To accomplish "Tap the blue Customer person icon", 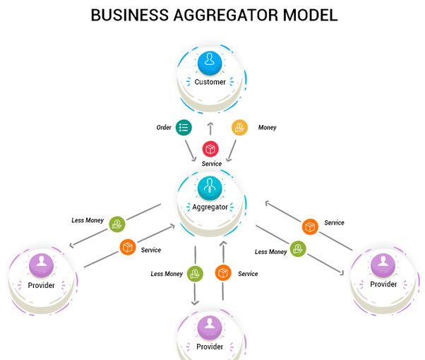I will pyautogui.click(x=210, y=63).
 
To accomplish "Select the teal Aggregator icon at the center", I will pyautogui.click(x=210, y=187).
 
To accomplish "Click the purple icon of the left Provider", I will pyautogui.click(x=41, y=265).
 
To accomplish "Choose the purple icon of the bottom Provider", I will pyautogui.click(x=210, y=327).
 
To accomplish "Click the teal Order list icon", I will pyautogui.click(x=184, y=128).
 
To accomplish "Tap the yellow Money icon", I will pyautogui.click(x=240, y=128).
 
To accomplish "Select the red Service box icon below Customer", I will pyautogui.click(x=210, y=149).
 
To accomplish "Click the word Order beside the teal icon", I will pyautogui.click(x=164, y=128).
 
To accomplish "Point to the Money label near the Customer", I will pyautogui.click(x=267, y=128).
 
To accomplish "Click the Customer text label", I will pyautogui.click(x=210, y=82).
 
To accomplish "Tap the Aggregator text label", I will pyautogui.click(x=210, y=207).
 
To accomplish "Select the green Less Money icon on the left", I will pyautogui.click(x=116, y=224).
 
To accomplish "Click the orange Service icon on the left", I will pyautogui.click(x=127, y=247).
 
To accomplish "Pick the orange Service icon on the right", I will pyautogui.click(x=309, y=227).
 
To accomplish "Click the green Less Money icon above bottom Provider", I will pyautogui.click(x=195, y=274).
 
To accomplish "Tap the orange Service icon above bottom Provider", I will pyautogui.click(x=224, y=272).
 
